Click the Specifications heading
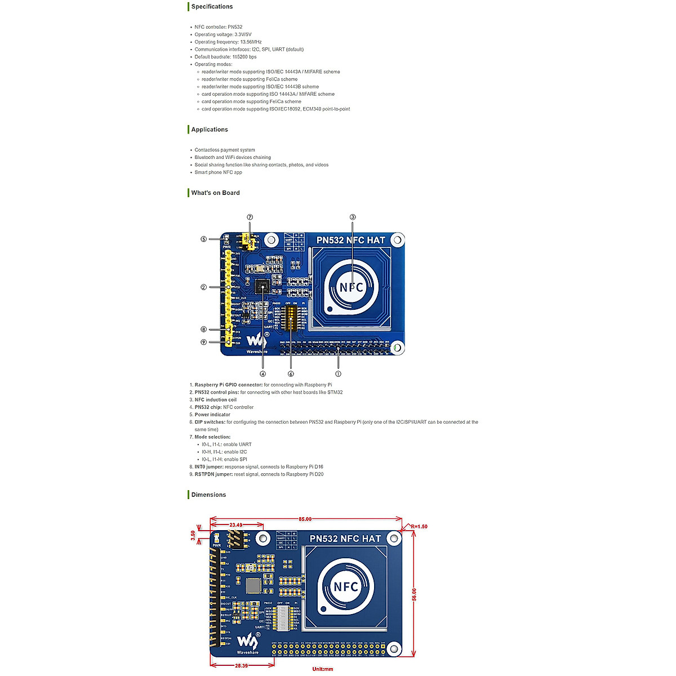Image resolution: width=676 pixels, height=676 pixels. click(212, 7)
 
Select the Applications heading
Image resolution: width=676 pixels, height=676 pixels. click(210, 130)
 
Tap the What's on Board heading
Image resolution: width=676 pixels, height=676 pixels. click(215, 193)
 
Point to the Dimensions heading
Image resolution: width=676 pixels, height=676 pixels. click(208, 495)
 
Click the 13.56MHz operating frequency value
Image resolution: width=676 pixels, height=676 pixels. click(251, 42)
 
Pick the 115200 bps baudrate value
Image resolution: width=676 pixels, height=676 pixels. click(244, 57)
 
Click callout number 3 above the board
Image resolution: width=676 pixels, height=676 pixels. click(353, 217)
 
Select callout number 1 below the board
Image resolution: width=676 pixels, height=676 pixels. click(338, 373)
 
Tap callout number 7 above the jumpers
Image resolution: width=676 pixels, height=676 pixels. click(250, 217)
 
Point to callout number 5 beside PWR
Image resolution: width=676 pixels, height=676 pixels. click(204, 239)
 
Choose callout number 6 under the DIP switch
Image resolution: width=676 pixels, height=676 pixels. click(291, 373)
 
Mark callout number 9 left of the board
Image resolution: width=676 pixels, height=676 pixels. click(204, 342)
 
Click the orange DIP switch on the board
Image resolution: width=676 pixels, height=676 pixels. click(291, 318)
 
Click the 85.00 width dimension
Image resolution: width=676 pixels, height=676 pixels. click(305, 519)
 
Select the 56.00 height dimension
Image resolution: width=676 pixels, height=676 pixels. click(414, 594)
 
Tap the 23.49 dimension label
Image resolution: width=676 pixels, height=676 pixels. click(235, 525)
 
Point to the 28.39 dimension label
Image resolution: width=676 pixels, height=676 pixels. click(241, 665)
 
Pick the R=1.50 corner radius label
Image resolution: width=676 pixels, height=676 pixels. click(419, 527)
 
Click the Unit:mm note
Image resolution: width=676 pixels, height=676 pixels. click(323, 669)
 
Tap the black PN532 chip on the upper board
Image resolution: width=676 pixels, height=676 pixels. click(261, 286)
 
